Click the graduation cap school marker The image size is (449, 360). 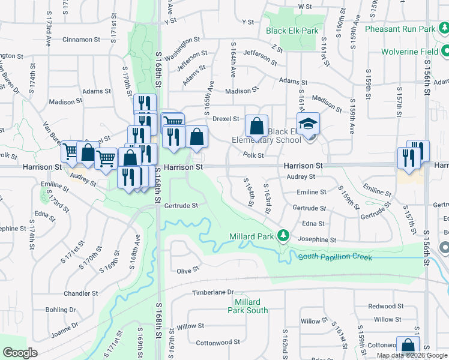pos(309,124)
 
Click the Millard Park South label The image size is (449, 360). pos(248,306)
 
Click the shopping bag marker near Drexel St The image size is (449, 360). pos(256,127)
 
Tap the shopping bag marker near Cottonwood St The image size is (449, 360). pos(408,346)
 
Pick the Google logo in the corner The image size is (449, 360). pos(20,353)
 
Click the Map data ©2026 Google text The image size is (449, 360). pos(412,355)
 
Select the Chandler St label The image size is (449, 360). pos(80,293)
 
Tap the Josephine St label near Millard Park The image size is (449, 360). pos(317,239)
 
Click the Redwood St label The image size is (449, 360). pos(382,306)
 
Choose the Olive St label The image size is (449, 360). pos(188,271)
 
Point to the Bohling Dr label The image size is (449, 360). pos(61,310)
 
